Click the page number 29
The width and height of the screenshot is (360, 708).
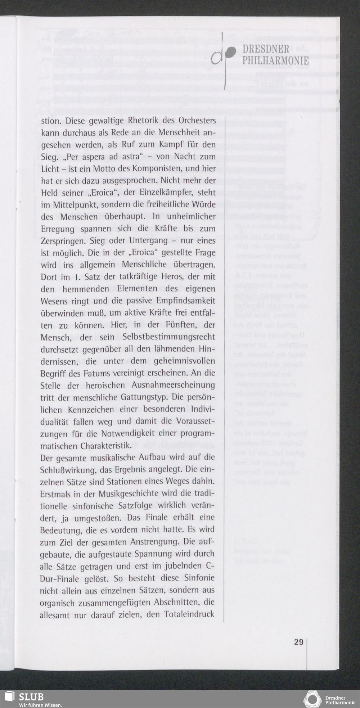298,641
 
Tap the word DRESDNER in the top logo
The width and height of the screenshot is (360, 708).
266,49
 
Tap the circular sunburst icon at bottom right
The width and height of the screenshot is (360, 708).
312,699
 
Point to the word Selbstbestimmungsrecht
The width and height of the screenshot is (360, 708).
169,337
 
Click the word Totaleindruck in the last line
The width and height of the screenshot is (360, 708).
189,614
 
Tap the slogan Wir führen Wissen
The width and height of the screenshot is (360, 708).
40,704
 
